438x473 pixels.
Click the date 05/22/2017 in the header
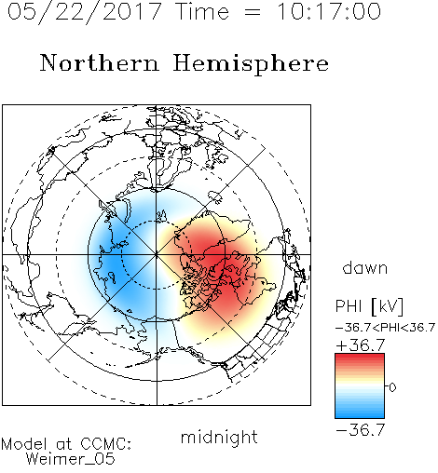[x=85, y=12]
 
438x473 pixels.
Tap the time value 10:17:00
[x=329, y=11]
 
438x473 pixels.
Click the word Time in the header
[x=202, y=11]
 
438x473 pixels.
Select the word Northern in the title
[x=99, y=62]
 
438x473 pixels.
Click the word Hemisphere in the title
[x=251, y=64]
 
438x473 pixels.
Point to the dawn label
[x=365, y=267]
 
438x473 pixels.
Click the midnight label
[x=219, y=437]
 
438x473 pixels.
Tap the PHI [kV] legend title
[x=369, y=306]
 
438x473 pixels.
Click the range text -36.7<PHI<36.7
[x=385, y=328]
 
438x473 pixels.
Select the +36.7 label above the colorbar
[x=361, y=345]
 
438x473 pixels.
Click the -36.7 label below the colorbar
[x=361, y=430]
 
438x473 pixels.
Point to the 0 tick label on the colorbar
[x=392, y=387]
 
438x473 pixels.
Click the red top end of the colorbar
[x=360, y=356]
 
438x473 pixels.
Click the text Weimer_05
[x=71, y=459]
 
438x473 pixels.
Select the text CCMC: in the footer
[x=105, y=444]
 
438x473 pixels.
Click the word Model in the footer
[x=24, y=444]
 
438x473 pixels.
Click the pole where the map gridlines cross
[x=157, y=254]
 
